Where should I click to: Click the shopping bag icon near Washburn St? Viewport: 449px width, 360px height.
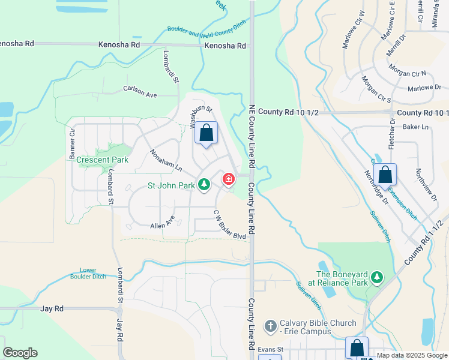[x=206, y=133]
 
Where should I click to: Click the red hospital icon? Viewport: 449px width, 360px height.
[x=228, y=179]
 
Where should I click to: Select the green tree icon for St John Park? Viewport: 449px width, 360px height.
[x=204, y=185]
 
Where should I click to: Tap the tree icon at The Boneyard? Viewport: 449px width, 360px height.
[x=377, y=277]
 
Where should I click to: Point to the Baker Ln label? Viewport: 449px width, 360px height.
[x=417, y=127]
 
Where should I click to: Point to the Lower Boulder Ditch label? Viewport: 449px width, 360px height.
[x=92, y=274]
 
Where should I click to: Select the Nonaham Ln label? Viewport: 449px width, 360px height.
[x=166, y=160]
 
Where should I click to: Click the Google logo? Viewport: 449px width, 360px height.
[x=20, y=353]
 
